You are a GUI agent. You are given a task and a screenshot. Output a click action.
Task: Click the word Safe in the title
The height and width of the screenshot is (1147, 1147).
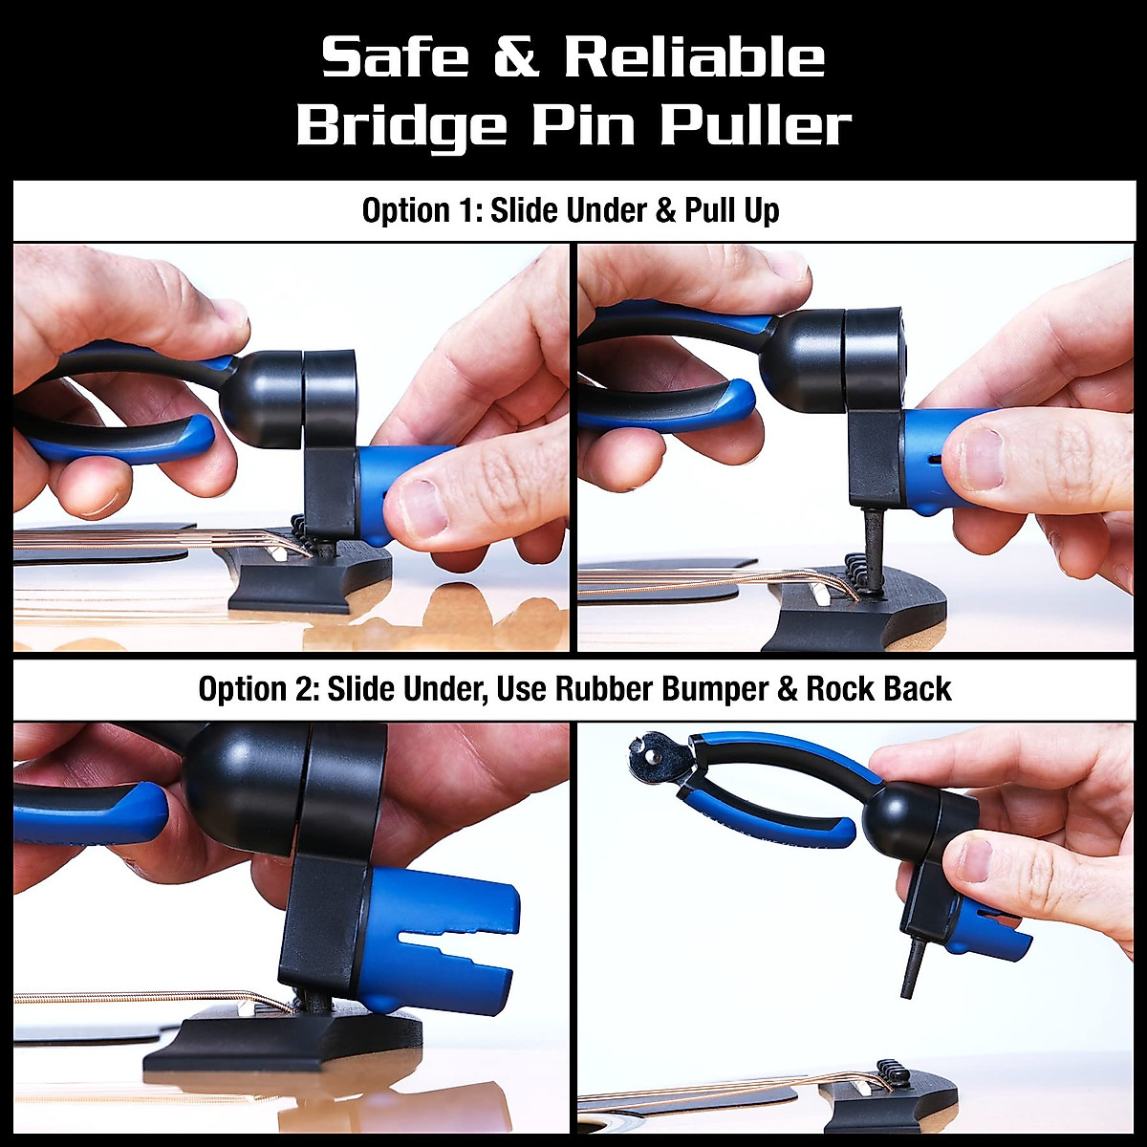click(394, 59)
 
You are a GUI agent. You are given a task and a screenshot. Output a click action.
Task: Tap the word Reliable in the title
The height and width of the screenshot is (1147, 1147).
click(693, 59)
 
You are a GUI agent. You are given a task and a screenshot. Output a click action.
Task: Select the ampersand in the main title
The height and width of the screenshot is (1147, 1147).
click(515, 59)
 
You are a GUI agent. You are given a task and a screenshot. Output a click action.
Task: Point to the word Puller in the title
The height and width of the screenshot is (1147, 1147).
click(755, 125)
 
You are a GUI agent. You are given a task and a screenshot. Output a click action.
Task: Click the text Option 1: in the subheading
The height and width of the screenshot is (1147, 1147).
click(422, 210)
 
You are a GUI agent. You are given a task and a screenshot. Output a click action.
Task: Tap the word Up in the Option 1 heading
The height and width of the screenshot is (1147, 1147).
click(762, 210)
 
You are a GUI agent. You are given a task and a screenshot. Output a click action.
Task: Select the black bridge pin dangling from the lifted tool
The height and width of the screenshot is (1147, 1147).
click(912, 966)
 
